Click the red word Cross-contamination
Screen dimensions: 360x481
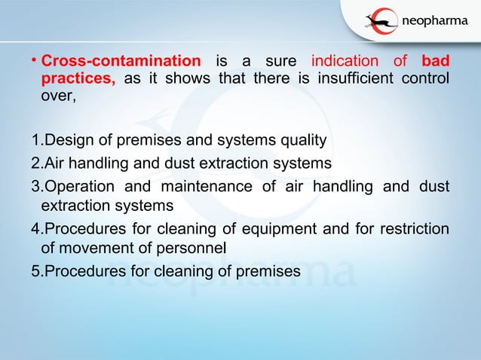121,61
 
